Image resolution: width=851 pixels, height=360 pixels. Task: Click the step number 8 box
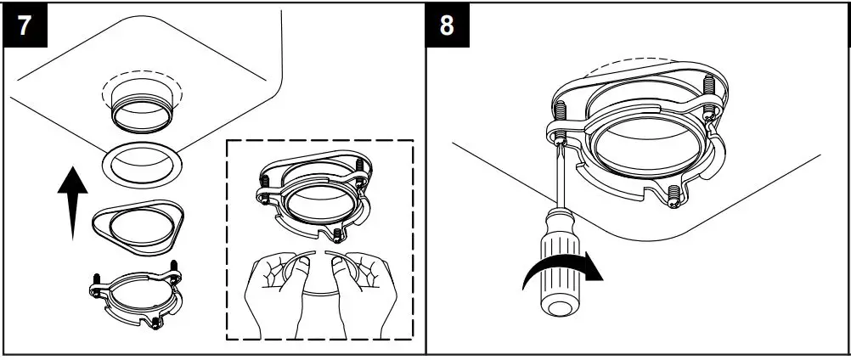[x=447, y=25]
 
